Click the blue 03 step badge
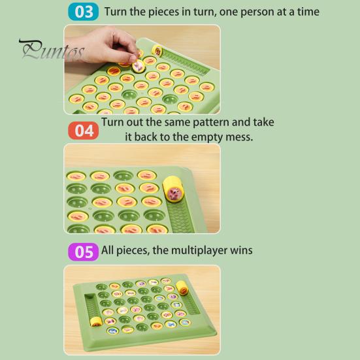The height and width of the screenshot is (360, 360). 84,12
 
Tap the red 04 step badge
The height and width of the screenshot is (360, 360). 84,131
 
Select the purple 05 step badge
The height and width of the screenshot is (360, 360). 84,252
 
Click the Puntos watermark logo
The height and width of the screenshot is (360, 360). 52,50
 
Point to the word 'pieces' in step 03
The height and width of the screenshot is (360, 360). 163,12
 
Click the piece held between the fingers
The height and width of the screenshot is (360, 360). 139,65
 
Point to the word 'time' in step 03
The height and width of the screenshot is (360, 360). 308,12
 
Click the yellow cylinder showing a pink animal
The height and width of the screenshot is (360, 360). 173,189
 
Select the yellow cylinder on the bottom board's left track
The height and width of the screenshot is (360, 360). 96,321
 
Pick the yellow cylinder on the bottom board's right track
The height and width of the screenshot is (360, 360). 182,287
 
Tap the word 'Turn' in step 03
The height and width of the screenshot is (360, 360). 115,12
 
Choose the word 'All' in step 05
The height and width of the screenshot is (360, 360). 107,250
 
